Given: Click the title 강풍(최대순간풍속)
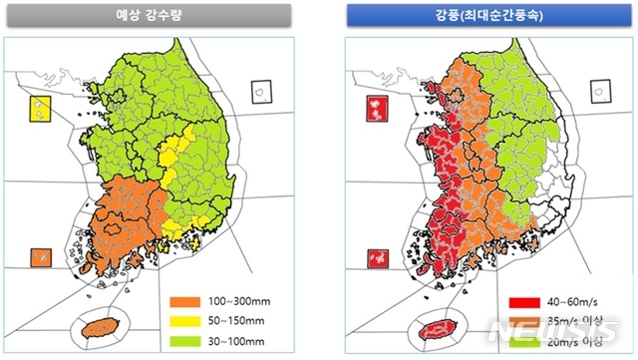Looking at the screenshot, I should [x=478, y=15].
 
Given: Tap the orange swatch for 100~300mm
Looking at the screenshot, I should [x=186, y=298].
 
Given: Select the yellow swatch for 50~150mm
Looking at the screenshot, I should [x=186, y=319].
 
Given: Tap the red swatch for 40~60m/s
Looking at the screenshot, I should [x=518, y=298].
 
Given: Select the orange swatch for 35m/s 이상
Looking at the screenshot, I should [x=518, y=319].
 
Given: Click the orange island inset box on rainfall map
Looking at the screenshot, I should [x=41, y=257].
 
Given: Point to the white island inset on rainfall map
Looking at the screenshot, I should [x=261, y=91].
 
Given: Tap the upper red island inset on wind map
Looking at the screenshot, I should [x=377, y=107].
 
